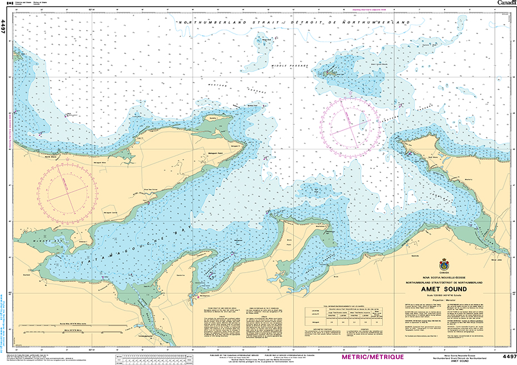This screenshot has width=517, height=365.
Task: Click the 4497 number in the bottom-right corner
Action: pos(509,356)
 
